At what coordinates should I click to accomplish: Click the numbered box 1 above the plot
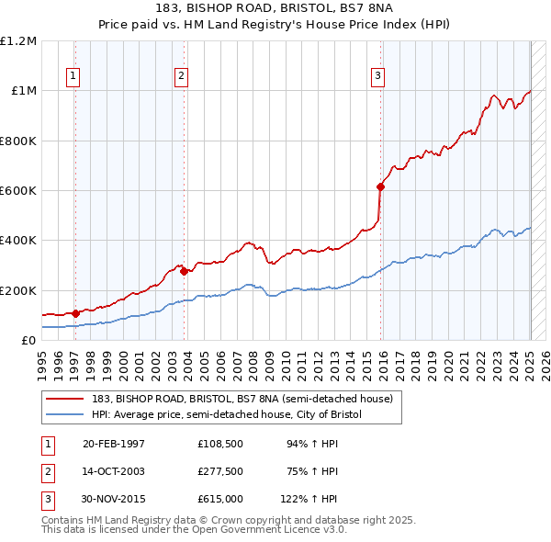pos(73,76)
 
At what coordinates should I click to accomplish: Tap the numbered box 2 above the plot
pos(182,76)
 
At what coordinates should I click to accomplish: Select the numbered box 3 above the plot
pos(377,76)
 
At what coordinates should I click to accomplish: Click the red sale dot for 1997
pos(75,313)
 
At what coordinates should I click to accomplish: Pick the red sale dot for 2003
pos(184,271)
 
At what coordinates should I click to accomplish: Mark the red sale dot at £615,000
pos(381,186)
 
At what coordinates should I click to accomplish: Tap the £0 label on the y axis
pos(28,341)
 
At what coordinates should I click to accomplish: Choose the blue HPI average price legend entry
pos(227,414)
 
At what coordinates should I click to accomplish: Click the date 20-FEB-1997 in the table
pos(114,444)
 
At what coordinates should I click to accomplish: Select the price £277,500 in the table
pos(219,471)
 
